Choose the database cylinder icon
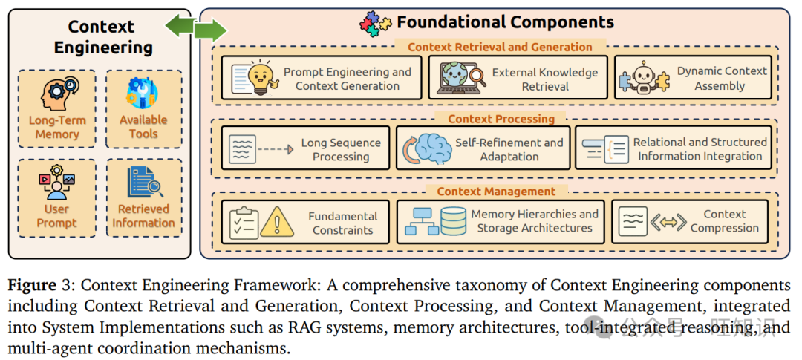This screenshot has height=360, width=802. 453,221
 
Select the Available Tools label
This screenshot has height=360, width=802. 143,127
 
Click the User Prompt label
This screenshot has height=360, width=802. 56,216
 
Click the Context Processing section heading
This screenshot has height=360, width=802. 501,120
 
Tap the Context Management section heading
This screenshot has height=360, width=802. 495,192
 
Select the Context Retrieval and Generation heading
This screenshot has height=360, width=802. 500,47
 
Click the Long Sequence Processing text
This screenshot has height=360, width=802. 341,149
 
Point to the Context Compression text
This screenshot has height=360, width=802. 724,221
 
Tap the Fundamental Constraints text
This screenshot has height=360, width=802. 342,223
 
